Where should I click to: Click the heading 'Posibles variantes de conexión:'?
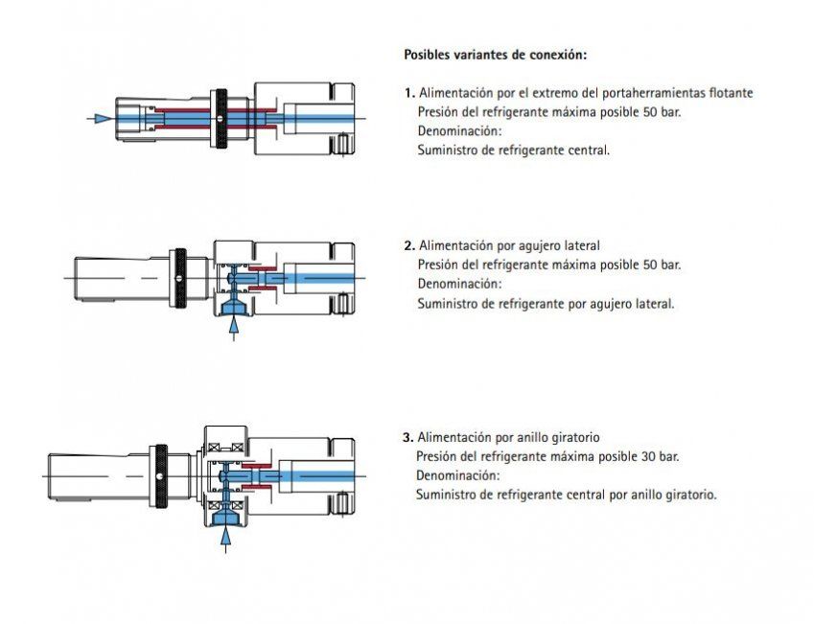pyautogui.click(x=493, y=55)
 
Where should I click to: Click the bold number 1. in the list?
pyautogui.click(x=409, y=93)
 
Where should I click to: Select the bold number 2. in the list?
pyautogui.click(x=409, y=246)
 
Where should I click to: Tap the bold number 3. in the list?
pyautogui.click(x=407, y=438)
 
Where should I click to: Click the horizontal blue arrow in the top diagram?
pyautogui.click(x=100, y=119)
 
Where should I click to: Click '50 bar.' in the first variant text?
pyautogui.click(x=663, y=112)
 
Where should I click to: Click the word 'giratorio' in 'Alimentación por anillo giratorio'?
pyautogui.click(x=575, y=438)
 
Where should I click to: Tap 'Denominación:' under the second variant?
pyautogui.click(x=459, y=285)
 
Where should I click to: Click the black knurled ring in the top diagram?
pyautogui.click(x=220, y=119)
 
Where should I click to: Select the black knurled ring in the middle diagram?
pyautogui.click(x=179, y=277)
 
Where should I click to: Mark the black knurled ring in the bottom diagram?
pyautogui.click(x=162, y=476)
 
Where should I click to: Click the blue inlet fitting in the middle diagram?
pyautogui.click(x=234, y=306)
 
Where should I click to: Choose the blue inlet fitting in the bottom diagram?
pyautogui.click(x=226, y=517)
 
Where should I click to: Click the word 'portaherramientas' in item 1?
pyautogui.click(x=627, y=93)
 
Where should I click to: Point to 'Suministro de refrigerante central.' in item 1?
pyautogui.click(x=513, y=150)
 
